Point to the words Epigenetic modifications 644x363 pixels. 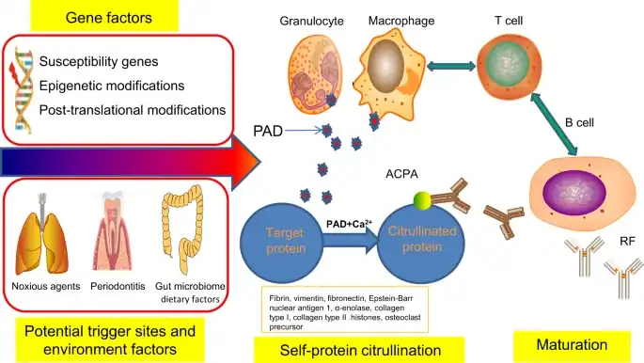click(x=111, y=86)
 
